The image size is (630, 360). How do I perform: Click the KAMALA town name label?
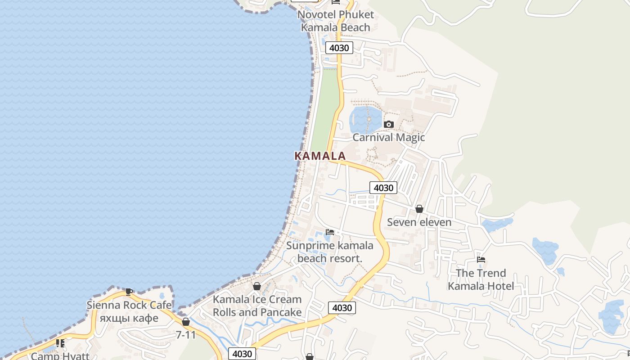click(x=320, y=156)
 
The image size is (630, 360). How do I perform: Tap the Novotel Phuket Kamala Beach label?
click(x=336, y=21)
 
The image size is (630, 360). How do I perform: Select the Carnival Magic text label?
click(x=388, y=137)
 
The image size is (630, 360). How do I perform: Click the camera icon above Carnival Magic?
click(x=389, y=125)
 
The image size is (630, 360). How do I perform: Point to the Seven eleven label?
click(x=419, y=222)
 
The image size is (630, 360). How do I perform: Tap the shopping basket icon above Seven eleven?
click(x=419, y=209)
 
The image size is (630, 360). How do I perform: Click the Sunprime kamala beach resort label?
click(x=330, y=252)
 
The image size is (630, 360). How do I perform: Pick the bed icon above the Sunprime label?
click(x=330, y=232)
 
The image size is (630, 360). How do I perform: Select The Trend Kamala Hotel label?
click(x=481, y=279)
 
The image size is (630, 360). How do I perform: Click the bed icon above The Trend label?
click(x=481, y=260)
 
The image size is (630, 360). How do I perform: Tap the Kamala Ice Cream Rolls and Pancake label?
click(x=257, y=306)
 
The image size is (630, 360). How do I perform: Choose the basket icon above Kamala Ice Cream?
click(x=257, y=286)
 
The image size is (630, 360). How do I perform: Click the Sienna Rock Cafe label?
click(x=129, y=305)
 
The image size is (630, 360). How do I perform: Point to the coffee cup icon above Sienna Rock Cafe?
click(x=129, y=292)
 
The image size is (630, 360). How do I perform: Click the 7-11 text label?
click(x=185, y=335)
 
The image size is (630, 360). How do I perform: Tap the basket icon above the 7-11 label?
click(x=185, y=322)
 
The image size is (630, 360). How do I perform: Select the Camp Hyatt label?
click(x=60, y=356)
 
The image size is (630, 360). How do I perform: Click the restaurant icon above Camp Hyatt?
click(x=60, y=343)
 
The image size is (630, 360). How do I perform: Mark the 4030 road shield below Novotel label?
click(x=339, y=48)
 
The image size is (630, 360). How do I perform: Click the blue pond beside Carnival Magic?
click(x=364, y=118)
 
